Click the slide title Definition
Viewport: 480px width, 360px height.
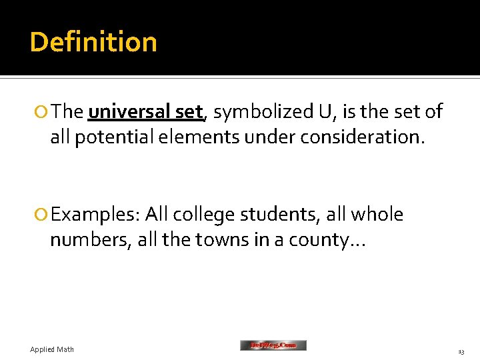(x=93, y=42)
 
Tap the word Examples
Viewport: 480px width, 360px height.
(x=94, y=215)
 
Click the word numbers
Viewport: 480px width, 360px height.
(x=90, y=239)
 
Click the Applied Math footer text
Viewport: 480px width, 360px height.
(x=52, y=349)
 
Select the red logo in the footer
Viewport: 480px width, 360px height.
(x=273, y=345)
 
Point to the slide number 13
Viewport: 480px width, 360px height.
(x=461, y=351)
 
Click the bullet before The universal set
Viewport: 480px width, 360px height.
(x=43, y=113)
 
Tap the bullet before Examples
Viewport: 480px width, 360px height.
(x=43, y=215)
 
